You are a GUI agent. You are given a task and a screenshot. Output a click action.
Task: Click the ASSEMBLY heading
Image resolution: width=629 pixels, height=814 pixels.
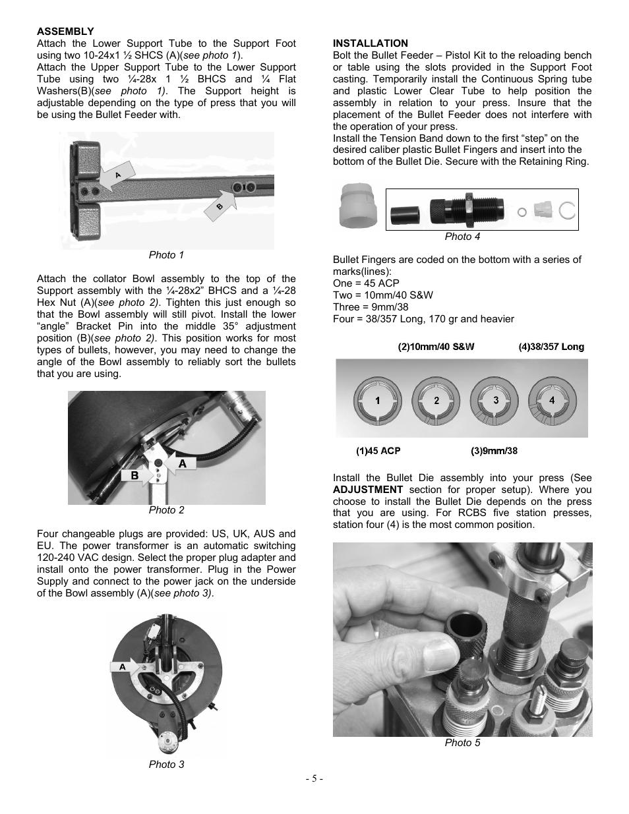point(65,32)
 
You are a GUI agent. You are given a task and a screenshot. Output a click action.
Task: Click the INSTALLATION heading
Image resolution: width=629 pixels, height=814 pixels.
point(370,44)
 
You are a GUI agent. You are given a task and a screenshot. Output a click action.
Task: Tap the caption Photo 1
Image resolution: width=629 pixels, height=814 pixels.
point(166,255)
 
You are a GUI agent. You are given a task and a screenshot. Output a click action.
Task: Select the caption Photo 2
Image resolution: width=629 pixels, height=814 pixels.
point(166,510)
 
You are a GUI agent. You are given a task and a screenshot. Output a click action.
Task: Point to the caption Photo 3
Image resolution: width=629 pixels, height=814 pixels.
point(166,765)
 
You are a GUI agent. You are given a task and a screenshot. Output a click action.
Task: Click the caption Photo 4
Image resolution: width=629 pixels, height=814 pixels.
point(462,237)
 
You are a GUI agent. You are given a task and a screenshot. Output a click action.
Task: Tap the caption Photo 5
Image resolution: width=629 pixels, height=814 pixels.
point(462,743)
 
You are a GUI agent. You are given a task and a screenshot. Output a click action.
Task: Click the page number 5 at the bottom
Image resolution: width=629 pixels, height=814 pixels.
point(314,778)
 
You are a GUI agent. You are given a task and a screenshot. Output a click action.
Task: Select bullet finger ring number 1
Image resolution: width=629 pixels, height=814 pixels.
point(377,401)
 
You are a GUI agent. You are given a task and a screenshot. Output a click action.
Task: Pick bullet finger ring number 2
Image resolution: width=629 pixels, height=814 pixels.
point(436,401)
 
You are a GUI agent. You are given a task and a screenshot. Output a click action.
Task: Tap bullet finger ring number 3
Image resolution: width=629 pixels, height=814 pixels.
point(495,401)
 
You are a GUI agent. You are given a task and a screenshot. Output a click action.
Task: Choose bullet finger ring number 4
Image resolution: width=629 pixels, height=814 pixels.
point(552,400)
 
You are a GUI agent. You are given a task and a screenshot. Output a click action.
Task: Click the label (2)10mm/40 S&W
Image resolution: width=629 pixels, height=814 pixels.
point(436,347)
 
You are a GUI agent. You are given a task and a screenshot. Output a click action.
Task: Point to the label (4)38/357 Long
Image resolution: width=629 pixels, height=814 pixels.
point(551,347)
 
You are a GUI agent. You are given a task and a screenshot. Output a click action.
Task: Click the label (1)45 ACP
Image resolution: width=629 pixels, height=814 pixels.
point(378,451)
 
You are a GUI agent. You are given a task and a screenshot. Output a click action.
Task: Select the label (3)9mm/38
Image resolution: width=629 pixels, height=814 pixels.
point(494,451)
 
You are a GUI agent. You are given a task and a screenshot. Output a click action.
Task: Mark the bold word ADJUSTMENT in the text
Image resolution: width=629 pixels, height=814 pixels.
point(368,490)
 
